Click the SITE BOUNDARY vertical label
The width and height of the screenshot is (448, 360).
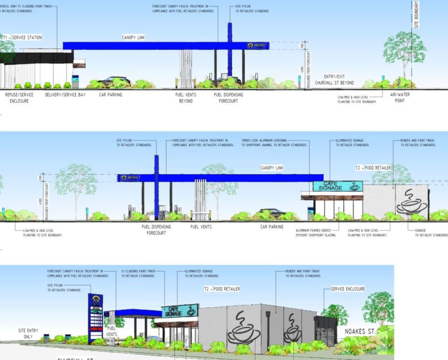coord(416,15)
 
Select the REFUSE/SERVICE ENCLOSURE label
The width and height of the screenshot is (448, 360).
coord(19,98)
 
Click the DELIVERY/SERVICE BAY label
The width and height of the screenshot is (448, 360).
coord(65,94)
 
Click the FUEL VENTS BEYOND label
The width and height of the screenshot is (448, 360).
coord(185,98)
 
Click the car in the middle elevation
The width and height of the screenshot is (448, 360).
coord(272,212)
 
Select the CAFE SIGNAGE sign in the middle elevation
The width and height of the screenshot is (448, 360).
coord(337,186)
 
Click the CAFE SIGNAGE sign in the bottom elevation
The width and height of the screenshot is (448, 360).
coord(180,311)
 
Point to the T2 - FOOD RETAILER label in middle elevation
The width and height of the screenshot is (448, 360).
coord(373,168)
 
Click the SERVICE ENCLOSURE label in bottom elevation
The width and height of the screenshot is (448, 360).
coord(348,289)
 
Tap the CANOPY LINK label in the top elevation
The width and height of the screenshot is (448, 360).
coord(133,38)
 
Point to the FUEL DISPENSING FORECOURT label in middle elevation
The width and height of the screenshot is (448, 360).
coord(156,230)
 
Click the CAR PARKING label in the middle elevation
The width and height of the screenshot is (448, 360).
coord(272,227)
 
